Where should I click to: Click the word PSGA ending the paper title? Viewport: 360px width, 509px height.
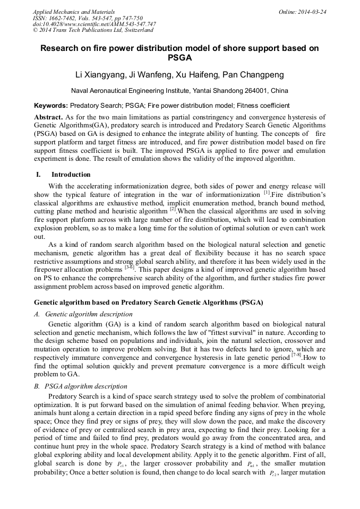click(x=179, y=58)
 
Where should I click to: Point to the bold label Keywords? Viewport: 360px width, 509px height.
click(x=51, y=106)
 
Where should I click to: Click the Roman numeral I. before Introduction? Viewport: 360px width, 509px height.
click(x=38, y=175)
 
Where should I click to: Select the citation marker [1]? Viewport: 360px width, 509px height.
click(x=267, y=193)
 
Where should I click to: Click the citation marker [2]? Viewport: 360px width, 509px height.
click(x=173, y=209)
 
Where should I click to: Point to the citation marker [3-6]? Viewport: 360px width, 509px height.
click(x=130, y=267)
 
